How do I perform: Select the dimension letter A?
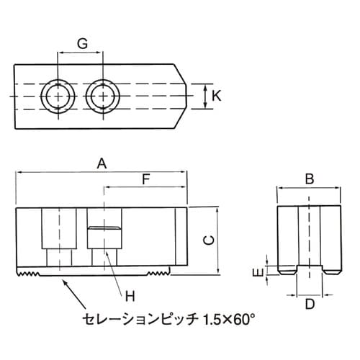click(x=102, y=163)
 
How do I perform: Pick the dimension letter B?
click(x=309, y=179)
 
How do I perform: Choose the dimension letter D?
click(x=310, y=303)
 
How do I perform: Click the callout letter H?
click(x=130, y=294)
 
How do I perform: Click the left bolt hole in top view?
click(x=57, y=95)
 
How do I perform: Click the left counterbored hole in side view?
click(x=56, y=238)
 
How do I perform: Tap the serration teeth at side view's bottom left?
click(x=28, y=274)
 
